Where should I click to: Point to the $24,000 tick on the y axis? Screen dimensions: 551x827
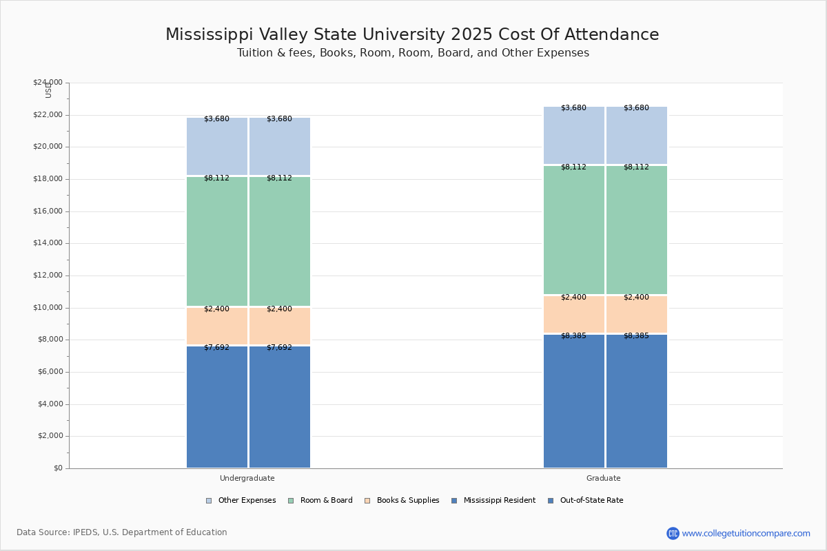(x=48, y=83)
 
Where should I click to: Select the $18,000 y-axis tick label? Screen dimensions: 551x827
(x=48, y=179)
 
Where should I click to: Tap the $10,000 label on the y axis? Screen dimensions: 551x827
(x=48, y=308)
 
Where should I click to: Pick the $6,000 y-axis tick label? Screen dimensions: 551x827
(x=50, y=372)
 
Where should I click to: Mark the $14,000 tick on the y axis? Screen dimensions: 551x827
(x=48, y=243)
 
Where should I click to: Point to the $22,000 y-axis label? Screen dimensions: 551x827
(x=48, y=115)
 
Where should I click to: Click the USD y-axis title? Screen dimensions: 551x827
(x=48, y=90)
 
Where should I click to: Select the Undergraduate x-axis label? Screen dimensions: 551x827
(x=247, y=478)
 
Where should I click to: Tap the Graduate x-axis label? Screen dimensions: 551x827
(x=604, y=478)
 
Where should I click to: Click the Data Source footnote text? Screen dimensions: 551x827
(x=122, y=532)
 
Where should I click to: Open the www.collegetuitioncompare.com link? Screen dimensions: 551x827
(x=746, y=533)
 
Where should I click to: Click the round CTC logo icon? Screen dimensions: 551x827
(x=673, y=533)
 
